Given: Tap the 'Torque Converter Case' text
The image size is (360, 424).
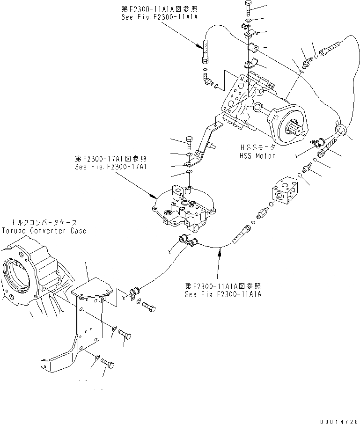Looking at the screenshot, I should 44,231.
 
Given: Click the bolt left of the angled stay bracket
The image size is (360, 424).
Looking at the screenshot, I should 189,139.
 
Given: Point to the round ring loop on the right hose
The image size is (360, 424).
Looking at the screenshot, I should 340,128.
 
